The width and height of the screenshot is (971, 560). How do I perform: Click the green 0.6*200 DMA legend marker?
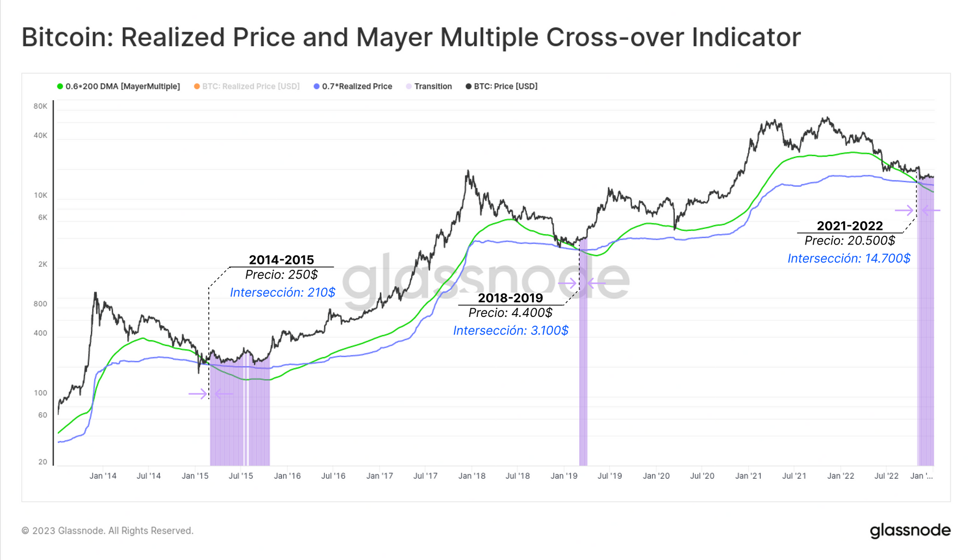click(x=60, y=87)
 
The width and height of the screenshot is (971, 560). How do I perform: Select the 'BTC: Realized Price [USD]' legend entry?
click(x=251, y=87)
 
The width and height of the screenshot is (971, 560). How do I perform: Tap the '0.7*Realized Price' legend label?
click(x=357, y=87)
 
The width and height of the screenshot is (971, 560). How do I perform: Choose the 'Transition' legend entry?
click(x=433, y=87)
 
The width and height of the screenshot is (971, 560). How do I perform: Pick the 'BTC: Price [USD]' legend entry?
click(x=505, y=87)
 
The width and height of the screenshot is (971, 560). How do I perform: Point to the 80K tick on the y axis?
click(x=41, y=106)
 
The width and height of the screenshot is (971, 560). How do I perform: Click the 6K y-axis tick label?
click(x=43, y=217)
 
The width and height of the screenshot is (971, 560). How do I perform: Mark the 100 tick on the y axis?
click(x=41, y=393)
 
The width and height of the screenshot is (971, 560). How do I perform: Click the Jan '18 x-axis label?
click(x=471, y=476)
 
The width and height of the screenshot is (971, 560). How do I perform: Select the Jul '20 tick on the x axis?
click(x=702, y=476)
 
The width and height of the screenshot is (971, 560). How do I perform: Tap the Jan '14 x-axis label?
click(x=103, y=476)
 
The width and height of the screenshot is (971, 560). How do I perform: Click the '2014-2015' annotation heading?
click(x=281, y=260)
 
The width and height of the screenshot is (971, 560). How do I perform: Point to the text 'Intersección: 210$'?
click(x=283, y=293)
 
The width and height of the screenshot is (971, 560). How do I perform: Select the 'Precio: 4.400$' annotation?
click(x=510, y=313)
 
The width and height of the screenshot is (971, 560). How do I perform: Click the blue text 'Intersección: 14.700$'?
click(x=849, y=259)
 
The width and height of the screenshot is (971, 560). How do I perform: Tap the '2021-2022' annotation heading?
click(x=850, y=226)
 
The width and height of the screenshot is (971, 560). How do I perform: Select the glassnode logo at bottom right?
click(x=910, y=530)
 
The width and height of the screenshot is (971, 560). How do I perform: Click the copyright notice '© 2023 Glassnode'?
click(x=107, y=531)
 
